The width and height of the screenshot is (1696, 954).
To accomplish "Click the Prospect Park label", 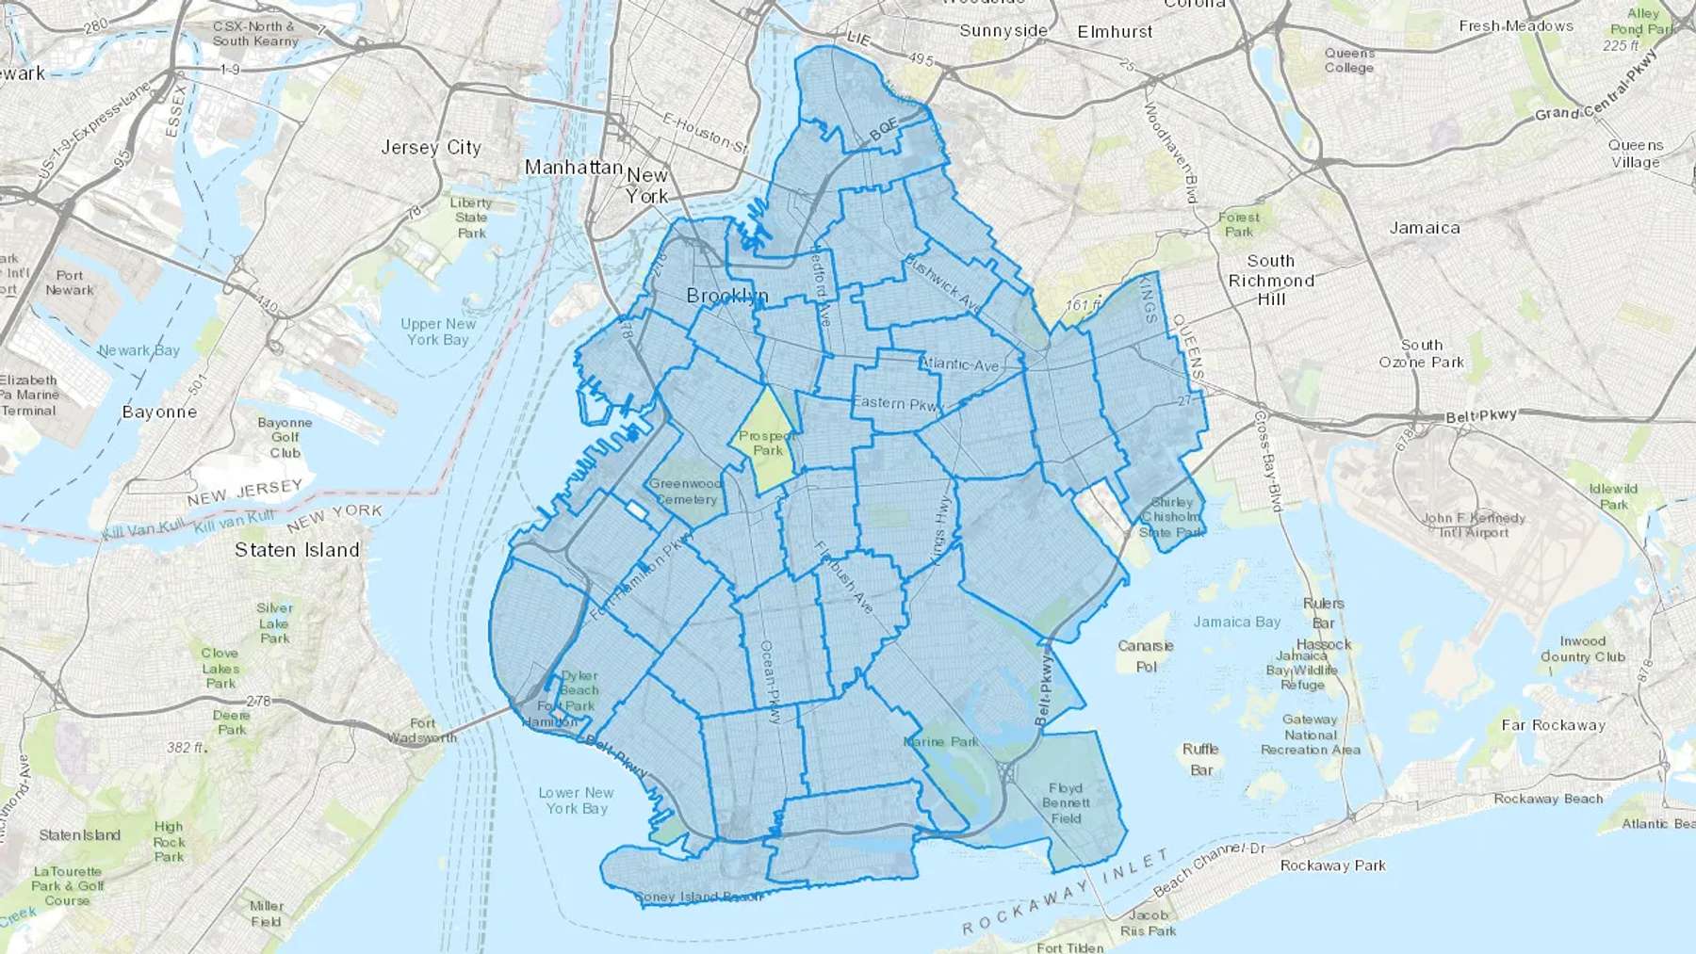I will pos(767,443).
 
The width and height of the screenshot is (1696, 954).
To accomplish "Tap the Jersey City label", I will pos(431,148).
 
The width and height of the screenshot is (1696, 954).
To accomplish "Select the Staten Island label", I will pos(297,550).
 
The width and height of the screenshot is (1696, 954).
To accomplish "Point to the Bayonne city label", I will pos(159,412).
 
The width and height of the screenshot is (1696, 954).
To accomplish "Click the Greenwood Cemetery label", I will pos(686,492).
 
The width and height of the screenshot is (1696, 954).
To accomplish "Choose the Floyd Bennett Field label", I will pos(1066,803).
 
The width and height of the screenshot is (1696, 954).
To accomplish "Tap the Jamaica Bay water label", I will pos(1236,622).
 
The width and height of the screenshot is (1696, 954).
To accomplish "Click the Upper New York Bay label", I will pos(438,331).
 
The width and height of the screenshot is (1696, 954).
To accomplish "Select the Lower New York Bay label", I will pos(576,800).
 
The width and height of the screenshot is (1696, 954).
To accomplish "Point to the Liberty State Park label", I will pos(471,218).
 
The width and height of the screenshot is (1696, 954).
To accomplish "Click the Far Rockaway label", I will pos(1553,725).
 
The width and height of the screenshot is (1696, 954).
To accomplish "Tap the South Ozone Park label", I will pos(1421,353).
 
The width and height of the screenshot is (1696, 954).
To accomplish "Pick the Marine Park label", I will pos(940,742).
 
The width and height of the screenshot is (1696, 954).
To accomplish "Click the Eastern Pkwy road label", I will pos(897,403).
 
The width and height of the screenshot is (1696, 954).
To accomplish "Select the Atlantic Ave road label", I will pos(959,364).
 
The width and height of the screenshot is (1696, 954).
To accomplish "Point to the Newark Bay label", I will pos(139,350).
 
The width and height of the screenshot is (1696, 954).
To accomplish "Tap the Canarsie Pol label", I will pos(1146,656).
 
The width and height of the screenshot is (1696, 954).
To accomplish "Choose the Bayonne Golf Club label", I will pos(285,438).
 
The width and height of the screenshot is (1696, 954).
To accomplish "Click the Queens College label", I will pos(1349,60).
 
